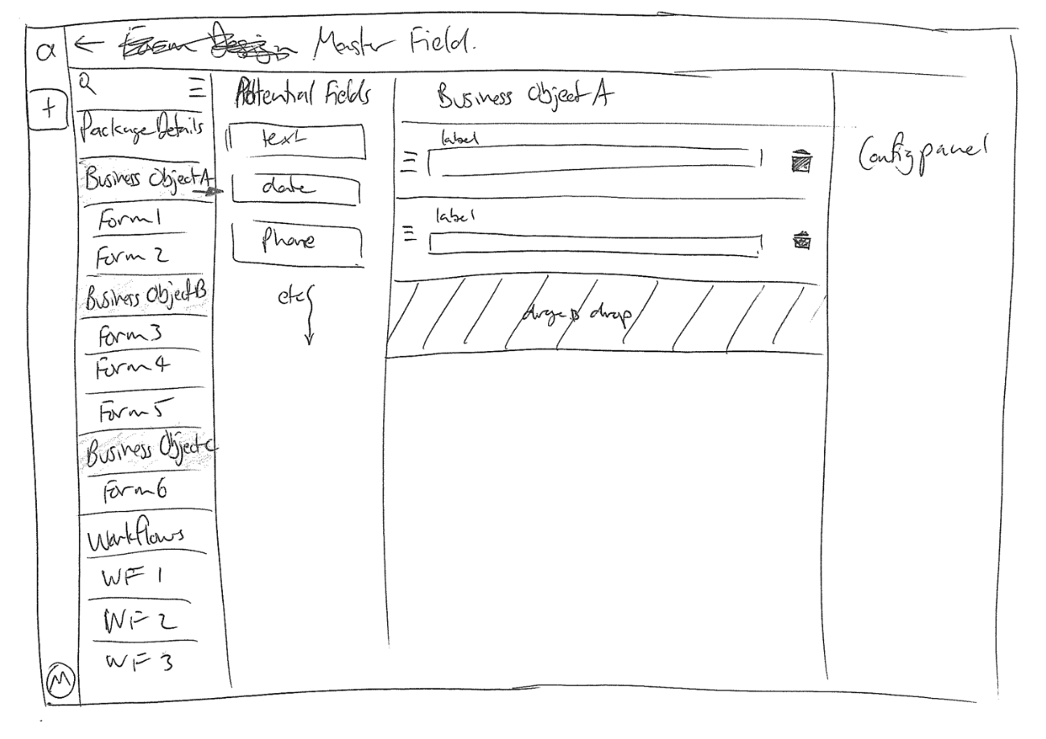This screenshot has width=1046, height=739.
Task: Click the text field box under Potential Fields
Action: [x=295, y=142]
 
